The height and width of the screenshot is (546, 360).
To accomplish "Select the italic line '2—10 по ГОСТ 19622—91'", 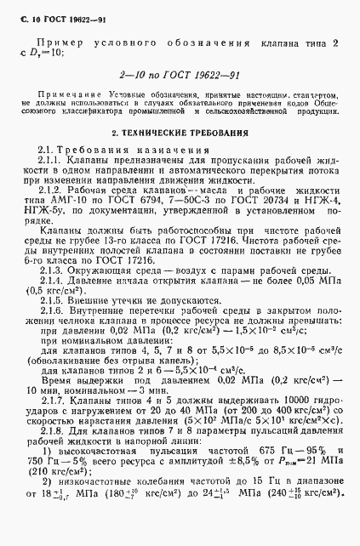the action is [180, 76].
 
